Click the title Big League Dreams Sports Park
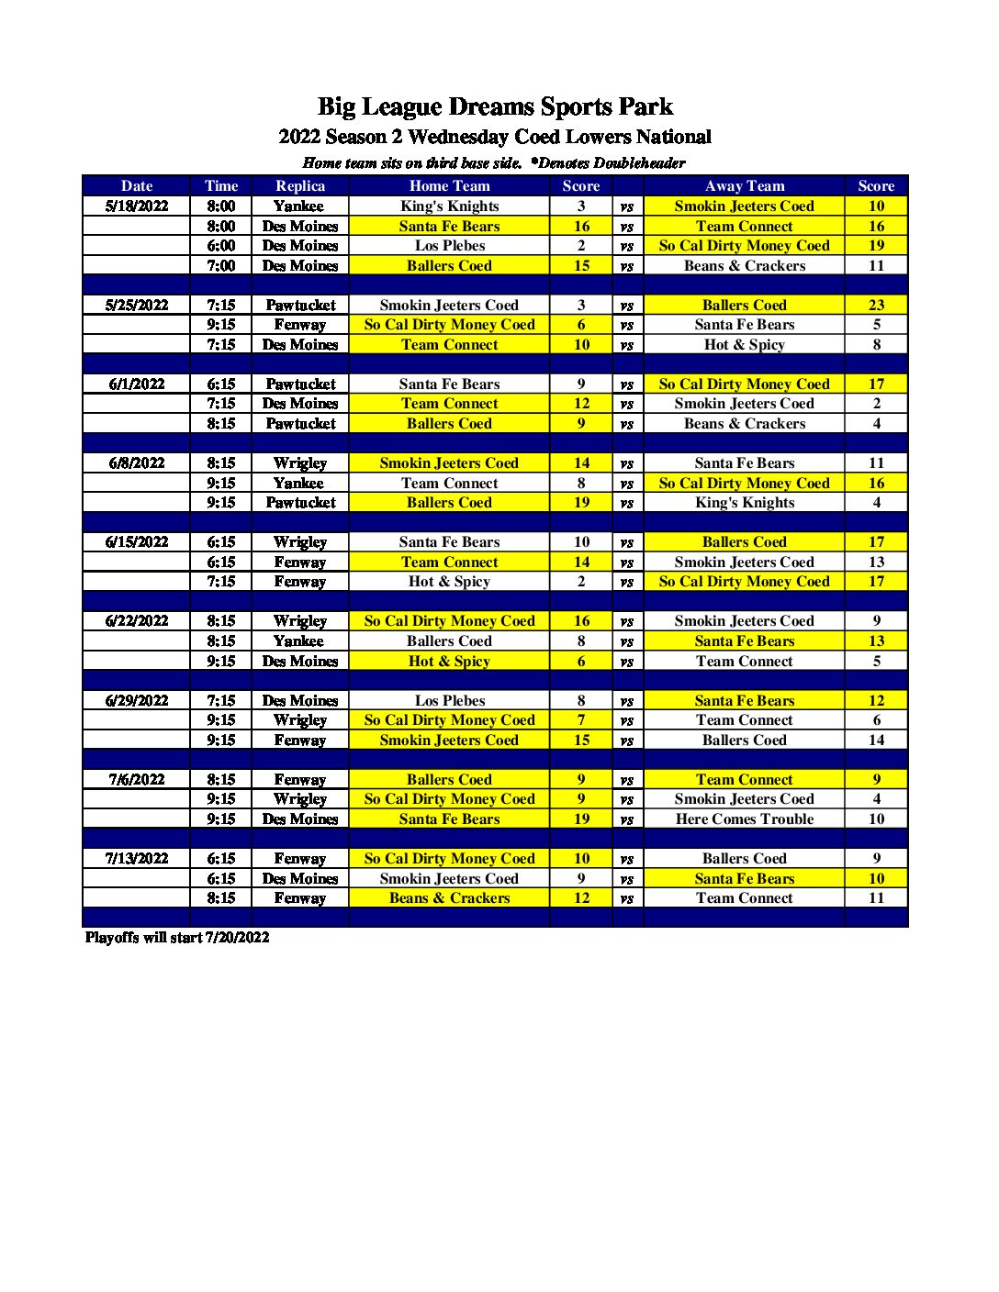[495, 107]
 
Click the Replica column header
[300, 186]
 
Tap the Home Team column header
[449, 186]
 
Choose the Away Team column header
[744, 186]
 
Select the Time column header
[221, 186]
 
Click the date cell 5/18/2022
[137, 206]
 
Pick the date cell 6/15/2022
[137, 542]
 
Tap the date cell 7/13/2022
[137, 859]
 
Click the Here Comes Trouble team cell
[744, 819]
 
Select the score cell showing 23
[876, 306]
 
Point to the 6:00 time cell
[221, 246]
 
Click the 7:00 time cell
[221, 266]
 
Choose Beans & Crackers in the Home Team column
[449, 898]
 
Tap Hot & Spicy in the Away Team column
[744, 345]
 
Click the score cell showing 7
[581, 720]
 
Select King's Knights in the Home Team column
[449, 206]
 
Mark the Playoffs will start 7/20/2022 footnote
[177, 938]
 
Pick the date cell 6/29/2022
[137, 701]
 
